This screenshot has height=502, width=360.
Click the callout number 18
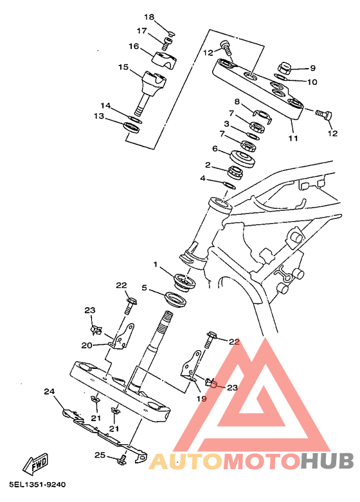pos(149,17)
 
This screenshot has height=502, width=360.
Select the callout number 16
pos(134,46)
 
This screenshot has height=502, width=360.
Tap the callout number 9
pos(312,68)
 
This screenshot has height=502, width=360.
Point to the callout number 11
pos(293,138)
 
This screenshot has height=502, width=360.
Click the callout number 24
pos(50,391)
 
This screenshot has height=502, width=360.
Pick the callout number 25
pos(100,454)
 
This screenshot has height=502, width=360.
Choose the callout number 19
pos(201,399)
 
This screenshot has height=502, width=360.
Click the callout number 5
pos(145,288)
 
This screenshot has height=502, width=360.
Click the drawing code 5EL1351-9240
pos(37,485)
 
